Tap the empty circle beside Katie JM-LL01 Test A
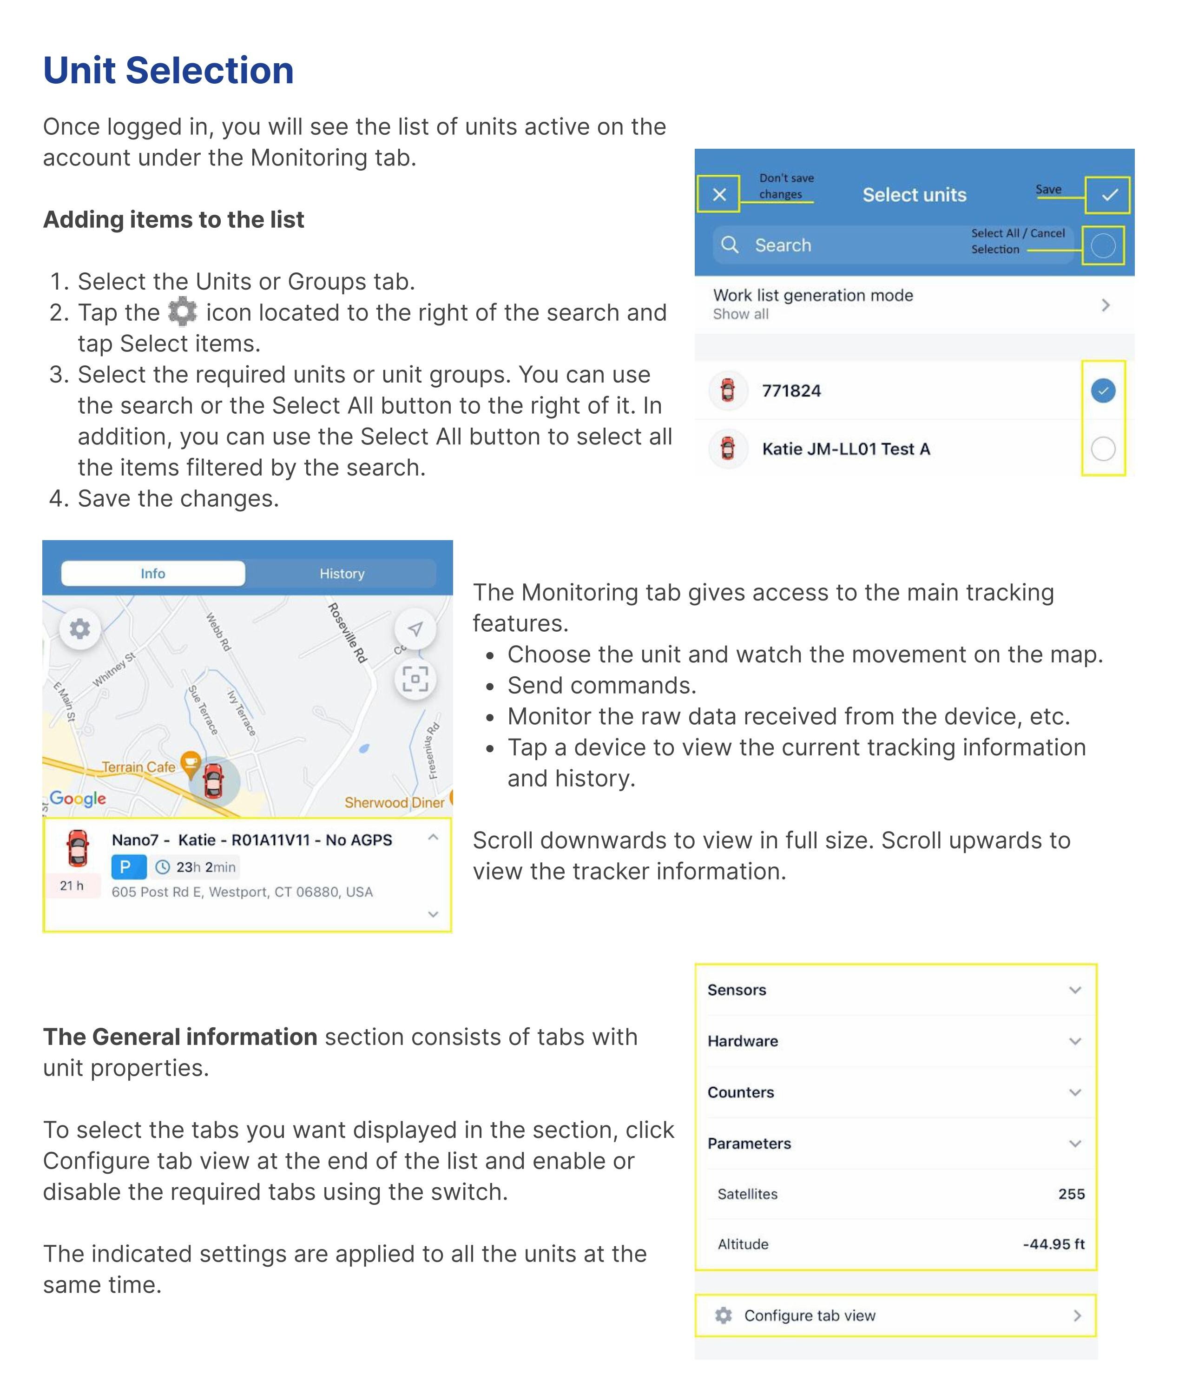(1103, 449)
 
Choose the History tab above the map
(342, 573)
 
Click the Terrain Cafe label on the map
(138, 767)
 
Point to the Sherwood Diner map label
(394, 803)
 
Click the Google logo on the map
(78, 798)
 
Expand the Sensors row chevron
(1075, 990)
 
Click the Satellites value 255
(1071, 1194)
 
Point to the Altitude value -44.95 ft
(1053, 1244)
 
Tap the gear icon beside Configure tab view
(723, 1316)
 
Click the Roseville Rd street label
(348, 633)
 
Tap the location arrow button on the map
(415, 628)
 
